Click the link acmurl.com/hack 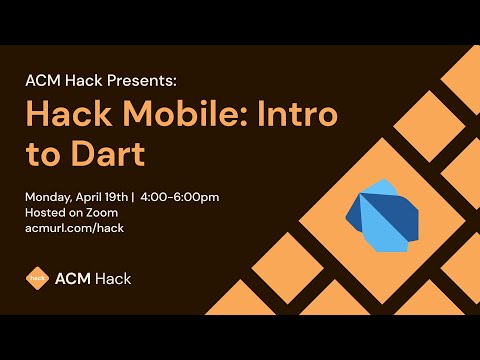pos(74,228)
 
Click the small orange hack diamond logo pos(37,278)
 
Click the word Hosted pos(44,212)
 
